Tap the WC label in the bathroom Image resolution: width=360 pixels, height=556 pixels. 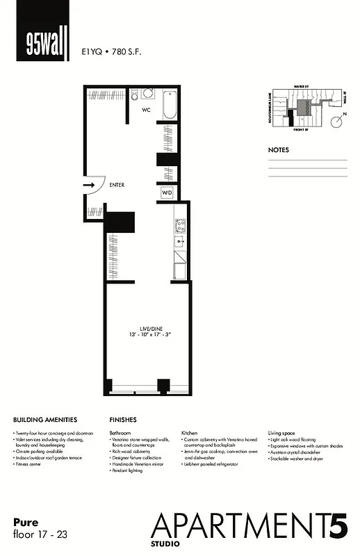tap(147, 110)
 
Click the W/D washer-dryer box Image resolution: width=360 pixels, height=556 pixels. tap(167, 192)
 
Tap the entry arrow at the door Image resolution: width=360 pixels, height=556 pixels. tap(90, 186)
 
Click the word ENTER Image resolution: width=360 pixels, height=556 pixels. tap(116, 186)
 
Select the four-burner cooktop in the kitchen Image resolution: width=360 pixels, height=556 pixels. tap(179, 225)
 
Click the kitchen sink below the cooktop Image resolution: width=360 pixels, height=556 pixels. tap(179, 243)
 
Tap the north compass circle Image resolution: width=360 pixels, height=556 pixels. tap(336, 122)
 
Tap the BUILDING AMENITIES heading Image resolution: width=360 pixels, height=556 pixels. tap(45, 420)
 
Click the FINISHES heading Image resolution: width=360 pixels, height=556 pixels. tap(123, 420)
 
